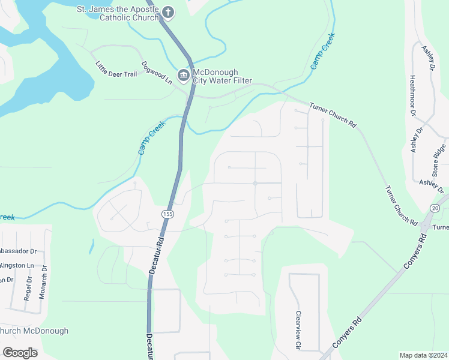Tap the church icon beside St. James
point(169,11)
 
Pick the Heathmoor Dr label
point(412,95)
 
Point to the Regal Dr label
point(28,288)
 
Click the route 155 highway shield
point(167,214)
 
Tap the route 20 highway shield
point(435,207)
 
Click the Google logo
point(20,353)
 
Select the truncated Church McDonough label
point(34,331)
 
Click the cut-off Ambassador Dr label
point(18,251)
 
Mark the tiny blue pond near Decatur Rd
point(92,245)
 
